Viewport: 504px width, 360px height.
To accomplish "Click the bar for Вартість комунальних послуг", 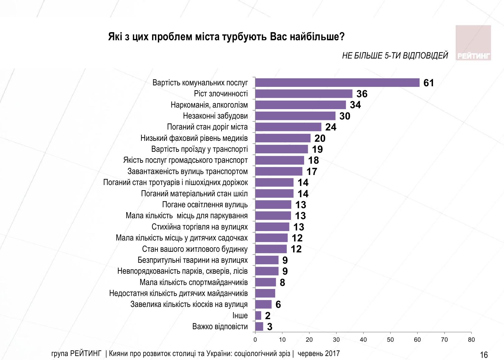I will [337, 83].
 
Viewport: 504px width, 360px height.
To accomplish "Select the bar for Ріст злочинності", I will [303, 94].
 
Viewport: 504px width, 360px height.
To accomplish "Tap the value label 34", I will [355, 105].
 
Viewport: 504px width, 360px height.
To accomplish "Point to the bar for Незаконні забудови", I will [295, 116].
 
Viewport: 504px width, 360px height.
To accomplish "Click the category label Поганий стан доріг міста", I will [207, 127].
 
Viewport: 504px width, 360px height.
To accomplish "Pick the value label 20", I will [320, 138].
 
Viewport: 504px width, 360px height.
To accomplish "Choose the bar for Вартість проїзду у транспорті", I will [282, 149].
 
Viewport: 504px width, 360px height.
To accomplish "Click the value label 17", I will [312, 172].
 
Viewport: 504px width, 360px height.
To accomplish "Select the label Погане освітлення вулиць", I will [205, 205].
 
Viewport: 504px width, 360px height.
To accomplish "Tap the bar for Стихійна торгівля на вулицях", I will [272, 227].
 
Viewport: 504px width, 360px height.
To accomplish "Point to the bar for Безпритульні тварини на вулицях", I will [267, 260].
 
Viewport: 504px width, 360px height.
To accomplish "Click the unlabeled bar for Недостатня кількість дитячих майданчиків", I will [265, 293].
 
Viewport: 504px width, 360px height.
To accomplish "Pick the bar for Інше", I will [258, 315].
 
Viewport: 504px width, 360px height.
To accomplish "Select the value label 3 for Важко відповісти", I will [270, 327].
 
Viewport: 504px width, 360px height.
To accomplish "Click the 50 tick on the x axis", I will [390, 340].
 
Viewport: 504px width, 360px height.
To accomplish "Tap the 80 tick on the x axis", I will [471, 340].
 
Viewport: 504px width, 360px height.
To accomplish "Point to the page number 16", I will [484, 355].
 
